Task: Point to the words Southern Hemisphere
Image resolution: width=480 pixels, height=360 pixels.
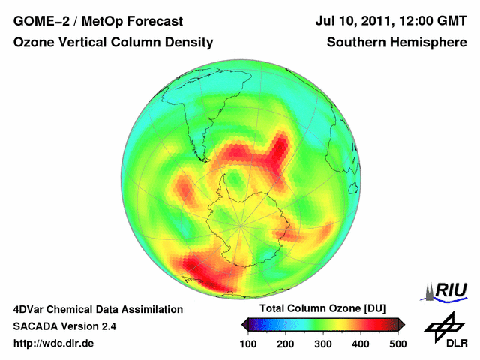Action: [397, 43]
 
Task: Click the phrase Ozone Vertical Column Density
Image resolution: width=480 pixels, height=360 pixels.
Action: [113, 43]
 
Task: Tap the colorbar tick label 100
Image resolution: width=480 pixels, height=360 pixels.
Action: [248, 343]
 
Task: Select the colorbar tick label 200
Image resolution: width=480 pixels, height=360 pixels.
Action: [286, 343]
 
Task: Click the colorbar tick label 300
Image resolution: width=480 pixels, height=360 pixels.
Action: [323, 343]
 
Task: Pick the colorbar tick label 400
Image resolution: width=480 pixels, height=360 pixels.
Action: [360, 343]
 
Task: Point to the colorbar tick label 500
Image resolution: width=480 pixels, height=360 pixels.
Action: [397, 343]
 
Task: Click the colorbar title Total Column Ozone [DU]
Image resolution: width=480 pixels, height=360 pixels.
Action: [322, 308]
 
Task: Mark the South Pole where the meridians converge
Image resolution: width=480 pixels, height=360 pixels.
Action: [241, 224]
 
